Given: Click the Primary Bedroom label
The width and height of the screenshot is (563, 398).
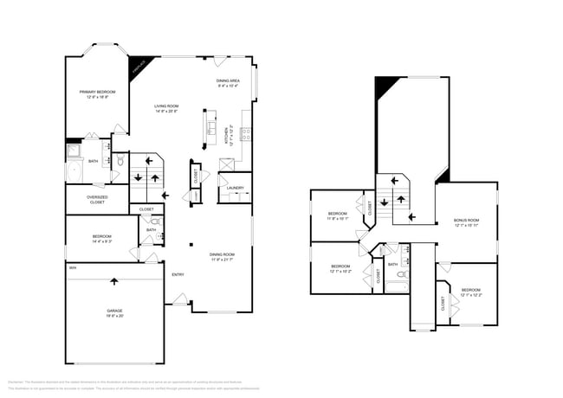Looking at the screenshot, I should tap(97, 94).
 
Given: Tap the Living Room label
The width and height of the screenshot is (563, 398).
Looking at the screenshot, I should tap(166, 108).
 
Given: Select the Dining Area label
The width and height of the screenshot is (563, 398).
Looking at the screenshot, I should tap(229, 82).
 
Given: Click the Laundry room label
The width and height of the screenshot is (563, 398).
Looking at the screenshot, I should tap(235, 188).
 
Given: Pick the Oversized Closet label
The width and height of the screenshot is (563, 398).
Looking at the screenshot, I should tap(97, 199).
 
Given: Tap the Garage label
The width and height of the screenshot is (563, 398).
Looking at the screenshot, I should tap(115, 313).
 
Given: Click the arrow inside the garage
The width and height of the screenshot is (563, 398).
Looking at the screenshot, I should tap(114, 280).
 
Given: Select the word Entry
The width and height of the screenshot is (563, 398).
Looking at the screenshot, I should tap(178, 274).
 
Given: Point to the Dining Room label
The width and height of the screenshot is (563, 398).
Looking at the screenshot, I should tap(223, 256).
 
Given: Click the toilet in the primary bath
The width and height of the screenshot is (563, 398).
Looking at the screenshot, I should tap(120, 161).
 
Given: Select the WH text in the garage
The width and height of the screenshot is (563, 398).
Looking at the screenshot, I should tap(74, 269).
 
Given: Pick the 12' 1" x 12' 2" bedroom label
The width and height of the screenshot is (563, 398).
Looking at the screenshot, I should tap(471, 292).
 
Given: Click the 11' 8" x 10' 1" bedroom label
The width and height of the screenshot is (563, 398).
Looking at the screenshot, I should tap(337, 215).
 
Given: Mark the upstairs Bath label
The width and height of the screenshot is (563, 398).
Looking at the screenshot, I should tap(392, 264).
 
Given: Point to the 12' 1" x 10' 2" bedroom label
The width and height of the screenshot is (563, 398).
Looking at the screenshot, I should tap(340, 268).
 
